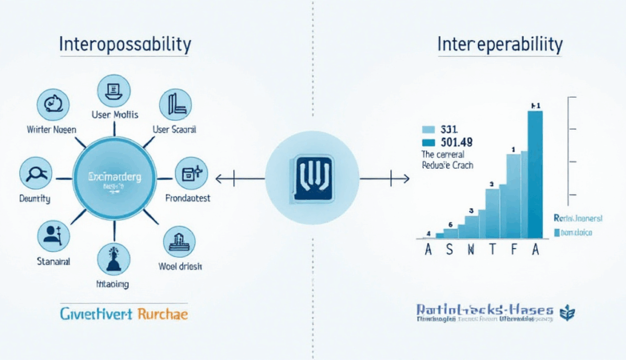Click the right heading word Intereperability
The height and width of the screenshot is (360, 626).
[x=499, y=44]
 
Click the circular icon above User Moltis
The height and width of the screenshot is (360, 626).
[x=113, y=90]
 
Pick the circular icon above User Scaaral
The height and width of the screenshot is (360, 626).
[x=174, y=105]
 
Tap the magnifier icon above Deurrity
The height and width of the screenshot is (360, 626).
[x=34, y=172]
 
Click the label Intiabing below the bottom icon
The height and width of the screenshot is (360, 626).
[x=112, y=283]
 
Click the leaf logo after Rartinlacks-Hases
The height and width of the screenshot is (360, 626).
[x=567, y=311]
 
